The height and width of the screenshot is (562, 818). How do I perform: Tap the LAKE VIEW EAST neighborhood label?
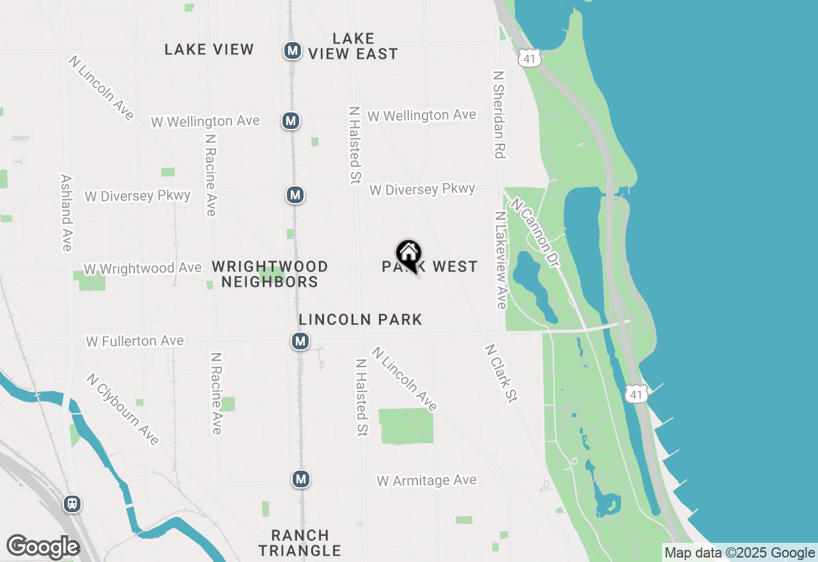[353, 47]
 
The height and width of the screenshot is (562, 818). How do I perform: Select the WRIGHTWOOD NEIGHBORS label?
[270, 274]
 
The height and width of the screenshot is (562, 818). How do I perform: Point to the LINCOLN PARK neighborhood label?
[360, 319]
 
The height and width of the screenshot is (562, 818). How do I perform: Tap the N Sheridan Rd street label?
[499, 114]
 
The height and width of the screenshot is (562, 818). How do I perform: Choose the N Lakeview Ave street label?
[501, 260]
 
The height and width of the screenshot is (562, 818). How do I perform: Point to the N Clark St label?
[500, 374]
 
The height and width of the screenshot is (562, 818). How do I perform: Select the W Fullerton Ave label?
[135, 342]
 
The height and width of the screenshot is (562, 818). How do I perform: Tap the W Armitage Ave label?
[427, 480]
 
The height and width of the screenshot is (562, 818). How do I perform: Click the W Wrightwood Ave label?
[143, 269]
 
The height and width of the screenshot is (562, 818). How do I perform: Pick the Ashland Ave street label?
[66, 213]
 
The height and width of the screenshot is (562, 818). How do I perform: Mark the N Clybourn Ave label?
[123, 409]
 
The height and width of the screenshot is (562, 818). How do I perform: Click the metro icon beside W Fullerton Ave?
[300, 342]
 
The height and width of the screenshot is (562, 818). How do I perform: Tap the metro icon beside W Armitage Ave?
[301, 478]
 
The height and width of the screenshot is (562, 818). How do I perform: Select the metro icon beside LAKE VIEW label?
[293, 50]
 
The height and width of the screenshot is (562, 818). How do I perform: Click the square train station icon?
[72, 504]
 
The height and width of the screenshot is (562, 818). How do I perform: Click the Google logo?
[43, 547]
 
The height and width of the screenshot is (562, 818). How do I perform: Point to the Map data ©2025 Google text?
[739, 553]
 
